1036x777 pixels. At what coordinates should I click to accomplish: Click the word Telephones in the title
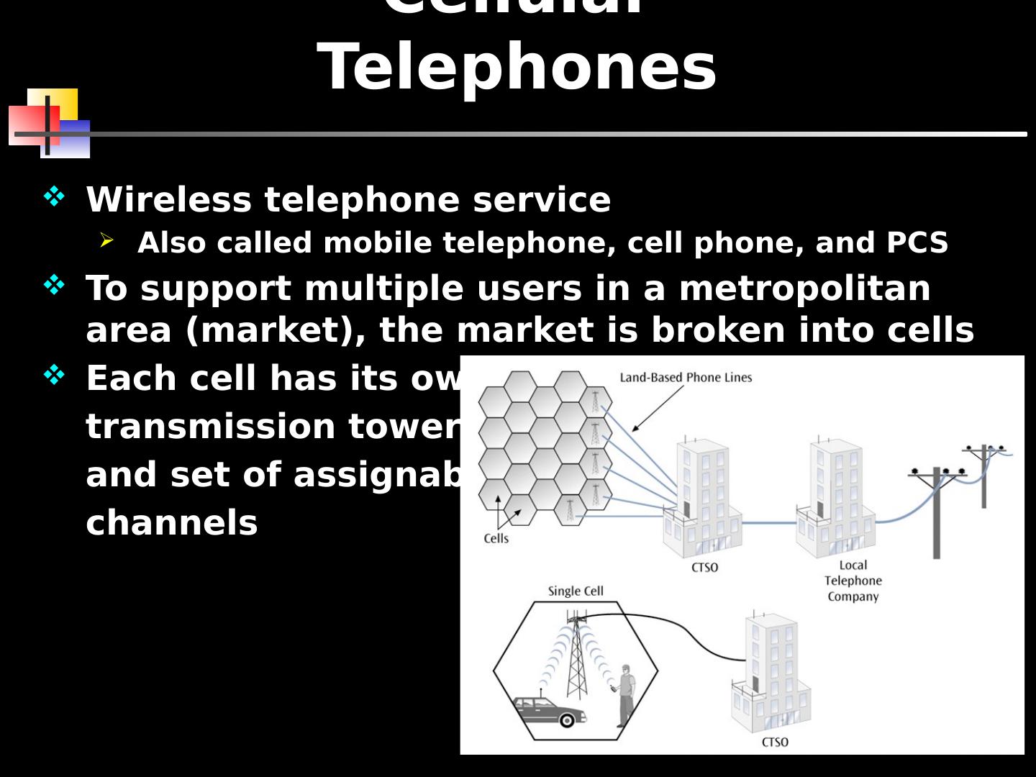pos(517,67)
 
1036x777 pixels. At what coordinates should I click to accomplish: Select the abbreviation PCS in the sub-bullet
pos(917,243)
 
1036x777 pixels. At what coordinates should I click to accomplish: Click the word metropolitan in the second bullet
pos(804,288)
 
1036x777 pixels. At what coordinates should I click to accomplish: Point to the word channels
pos(172,523)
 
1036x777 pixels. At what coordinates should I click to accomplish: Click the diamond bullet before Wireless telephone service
pos(54,196)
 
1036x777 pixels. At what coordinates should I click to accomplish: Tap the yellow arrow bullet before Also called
pos(106,240)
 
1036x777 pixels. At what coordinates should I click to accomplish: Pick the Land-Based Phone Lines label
pos(686,377)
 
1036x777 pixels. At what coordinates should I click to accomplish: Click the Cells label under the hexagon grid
pos(496,538)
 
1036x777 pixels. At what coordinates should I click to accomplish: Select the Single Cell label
pos(576,591)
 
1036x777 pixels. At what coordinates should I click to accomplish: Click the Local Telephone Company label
pos(853,581)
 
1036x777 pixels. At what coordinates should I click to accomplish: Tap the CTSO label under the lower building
pos(775,742)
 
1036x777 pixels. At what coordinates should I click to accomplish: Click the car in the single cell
pos(550,710)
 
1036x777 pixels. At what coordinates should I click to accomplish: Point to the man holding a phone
pos(626,694)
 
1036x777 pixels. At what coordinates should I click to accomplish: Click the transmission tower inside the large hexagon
pos(576,658)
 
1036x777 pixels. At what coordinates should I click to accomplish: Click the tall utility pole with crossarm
pos(936,511)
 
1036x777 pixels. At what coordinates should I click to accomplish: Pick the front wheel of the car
pos(567,719)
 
